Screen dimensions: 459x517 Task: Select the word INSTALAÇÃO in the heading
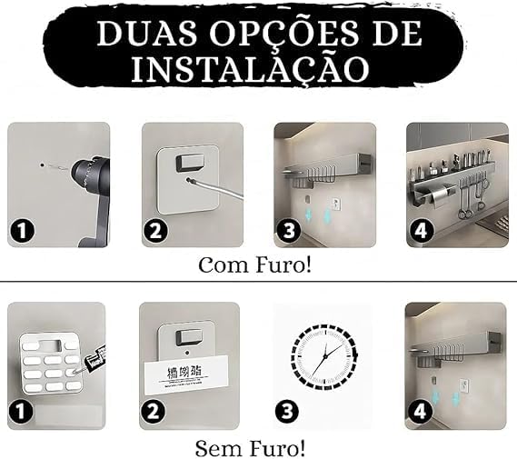[x=258, y=67]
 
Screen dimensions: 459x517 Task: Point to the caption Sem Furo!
[x=250, y=448]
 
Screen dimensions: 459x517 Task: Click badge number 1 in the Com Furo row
[x=21, y=232]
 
